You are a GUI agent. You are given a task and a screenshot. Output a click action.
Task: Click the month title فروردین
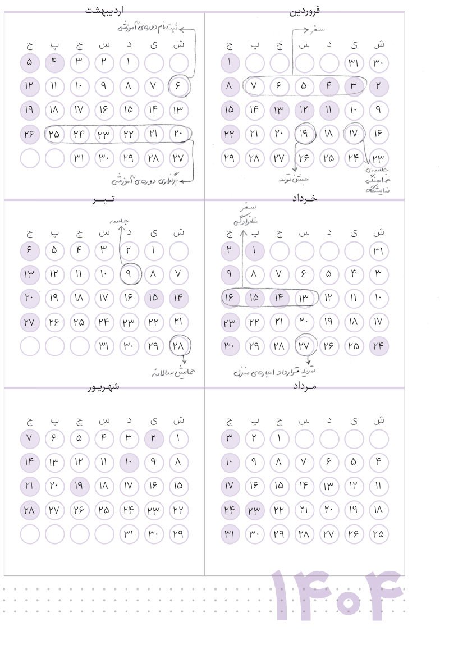pyautogui.click(x=305, y=10)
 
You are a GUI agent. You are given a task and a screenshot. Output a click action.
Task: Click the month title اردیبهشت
pyautogui.click(x=104, y=10)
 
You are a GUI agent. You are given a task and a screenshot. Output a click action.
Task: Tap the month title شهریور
pyautogui.click(x=104, y=387)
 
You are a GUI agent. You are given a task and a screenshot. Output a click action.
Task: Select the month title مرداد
pyautogui.click(x=305, y=387)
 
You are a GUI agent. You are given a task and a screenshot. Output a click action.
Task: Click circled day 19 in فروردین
pyautogui.click(x=304, y=134)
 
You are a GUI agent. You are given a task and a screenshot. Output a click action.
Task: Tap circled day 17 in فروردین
pyautogui.click(x=354, y=134)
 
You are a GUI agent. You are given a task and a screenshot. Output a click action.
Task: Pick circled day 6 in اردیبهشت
pyautogui.click(x=179, y=86)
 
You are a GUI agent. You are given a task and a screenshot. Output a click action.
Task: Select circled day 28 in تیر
pyautogui.click(x=179, y=346)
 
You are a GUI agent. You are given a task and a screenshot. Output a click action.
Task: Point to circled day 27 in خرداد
pyautogui.click(x=304, y=346)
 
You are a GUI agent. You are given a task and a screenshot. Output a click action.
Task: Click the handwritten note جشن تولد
pyautogui.click(x=294, y=180)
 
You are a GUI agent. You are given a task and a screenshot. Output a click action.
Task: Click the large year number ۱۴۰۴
pyautogui.click(x=337, y=596)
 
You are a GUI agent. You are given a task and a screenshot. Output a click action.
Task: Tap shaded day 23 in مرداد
pyautogui.click(x=255, y=510)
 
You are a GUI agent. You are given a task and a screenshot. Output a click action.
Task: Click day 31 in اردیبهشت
pyautogui.click(x=80, y=158)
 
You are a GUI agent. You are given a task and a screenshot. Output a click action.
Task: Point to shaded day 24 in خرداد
pyautogui.click(x=379, y=346)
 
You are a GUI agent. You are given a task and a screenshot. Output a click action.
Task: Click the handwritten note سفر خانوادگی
pyautogui.click(x=244, y=213)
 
